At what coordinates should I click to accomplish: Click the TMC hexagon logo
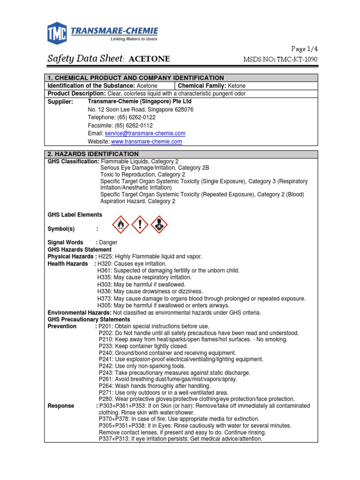57,33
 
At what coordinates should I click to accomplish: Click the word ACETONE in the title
149,59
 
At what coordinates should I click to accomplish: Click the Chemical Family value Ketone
236,86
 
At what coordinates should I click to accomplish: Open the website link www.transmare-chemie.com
146,141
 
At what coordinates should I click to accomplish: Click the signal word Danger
108,242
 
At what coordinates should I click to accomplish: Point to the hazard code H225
105,256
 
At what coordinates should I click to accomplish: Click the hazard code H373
105,299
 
